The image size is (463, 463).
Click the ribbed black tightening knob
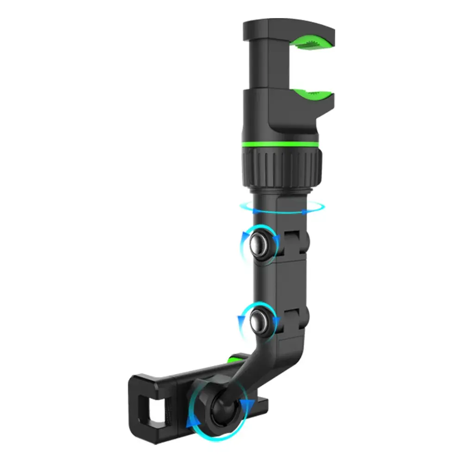(282, 164)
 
